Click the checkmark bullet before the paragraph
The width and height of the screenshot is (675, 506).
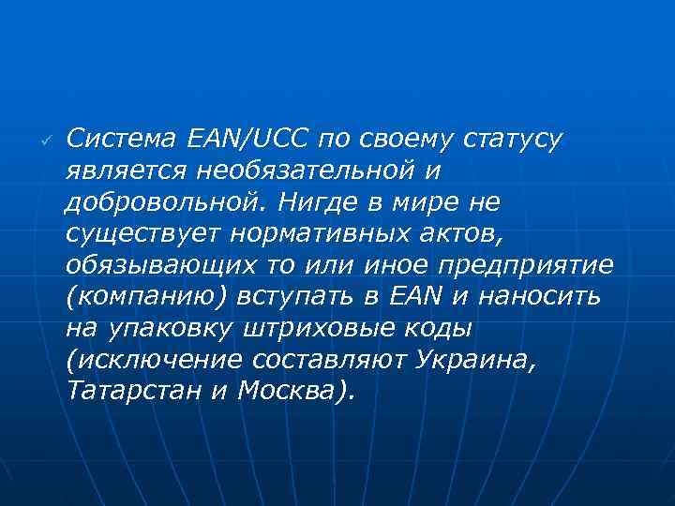(x=43, y=139)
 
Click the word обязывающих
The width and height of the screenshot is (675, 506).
(x=156, y=266)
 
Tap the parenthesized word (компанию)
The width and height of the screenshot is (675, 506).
(x=132, y=298)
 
